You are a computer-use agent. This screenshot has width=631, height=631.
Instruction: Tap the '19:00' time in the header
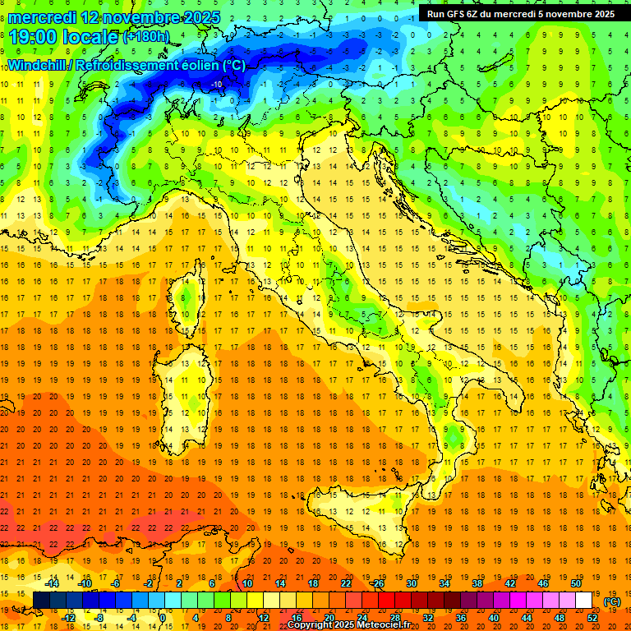pyautogui.click(x=34, y=38)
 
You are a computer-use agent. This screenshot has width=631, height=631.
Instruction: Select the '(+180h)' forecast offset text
pyautogui.click(x=145, y=37)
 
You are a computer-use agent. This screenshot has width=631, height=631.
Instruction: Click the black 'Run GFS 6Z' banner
pyautogui.click(x=520, y=13)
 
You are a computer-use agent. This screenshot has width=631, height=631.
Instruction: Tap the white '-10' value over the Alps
pyautogui.click(x=217, y=85)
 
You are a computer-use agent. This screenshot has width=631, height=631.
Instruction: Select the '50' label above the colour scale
pyautogui.click(x=575, y=583)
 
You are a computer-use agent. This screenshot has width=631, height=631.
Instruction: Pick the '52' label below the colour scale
pyautogui.click(x=592, y=618)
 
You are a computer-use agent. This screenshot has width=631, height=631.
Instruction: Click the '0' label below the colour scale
pyautogui.click(x=164, y=618)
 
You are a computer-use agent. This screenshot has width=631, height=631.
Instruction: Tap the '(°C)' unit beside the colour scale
pyautogui.click(x=612, y=601)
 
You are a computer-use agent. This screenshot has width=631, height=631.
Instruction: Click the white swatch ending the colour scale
pyautogui.click(x=583, y=601)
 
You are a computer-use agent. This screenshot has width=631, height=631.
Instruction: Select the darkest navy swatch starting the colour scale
pyautogui.click(x=41, y=601)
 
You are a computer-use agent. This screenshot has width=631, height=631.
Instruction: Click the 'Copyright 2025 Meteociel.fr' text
pyautogui.click(x=354, y=625)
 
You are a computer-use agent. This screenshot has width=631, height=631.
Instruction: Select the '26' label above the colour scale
pyautogui.click(x=379, y=583)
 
